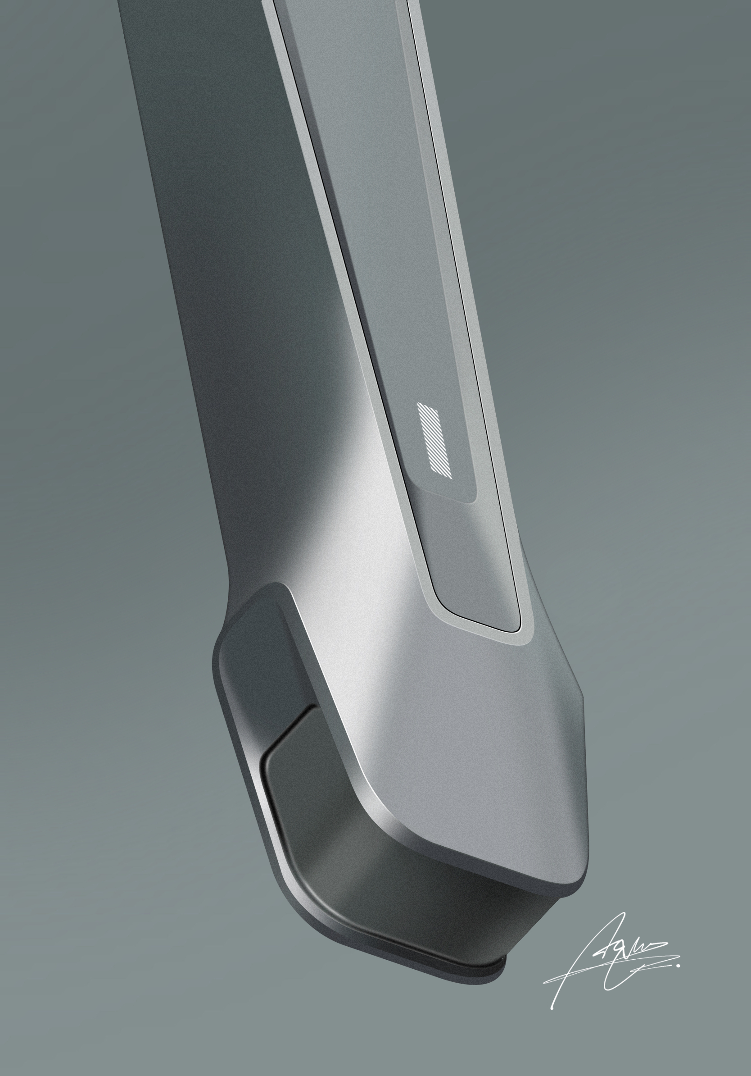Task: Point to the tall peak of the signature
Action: [x=623, y=914]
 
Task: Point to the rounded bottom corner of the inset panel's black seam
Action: [x=517, y=628]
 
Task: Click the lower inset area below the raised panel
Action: [x=468, y=562]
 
